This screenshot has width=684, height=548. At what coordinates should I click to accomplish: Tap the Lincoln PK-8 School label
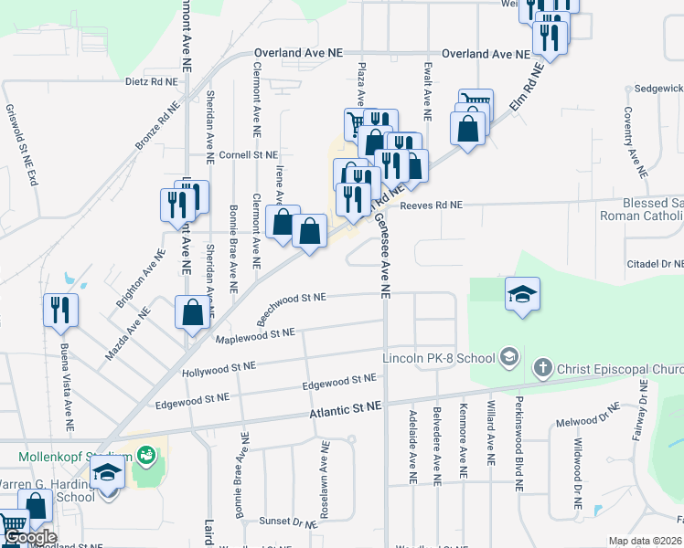pos(437,356)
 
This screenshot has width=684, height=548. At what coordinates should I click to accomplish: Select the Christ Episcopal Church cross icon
pos(542,368)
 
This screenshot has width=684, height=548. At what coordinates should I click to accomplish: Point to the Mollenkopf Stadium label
pos(75,456)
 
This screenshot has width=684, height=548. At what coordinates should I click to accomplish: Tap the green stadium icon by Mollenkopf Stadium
pos(145,454)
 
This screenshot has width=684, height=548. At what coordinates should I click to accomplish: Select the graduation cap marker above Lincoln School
pos(522,294)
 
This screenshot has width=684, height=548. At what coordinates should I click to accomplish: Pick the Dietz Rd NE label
pos(152,81)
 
